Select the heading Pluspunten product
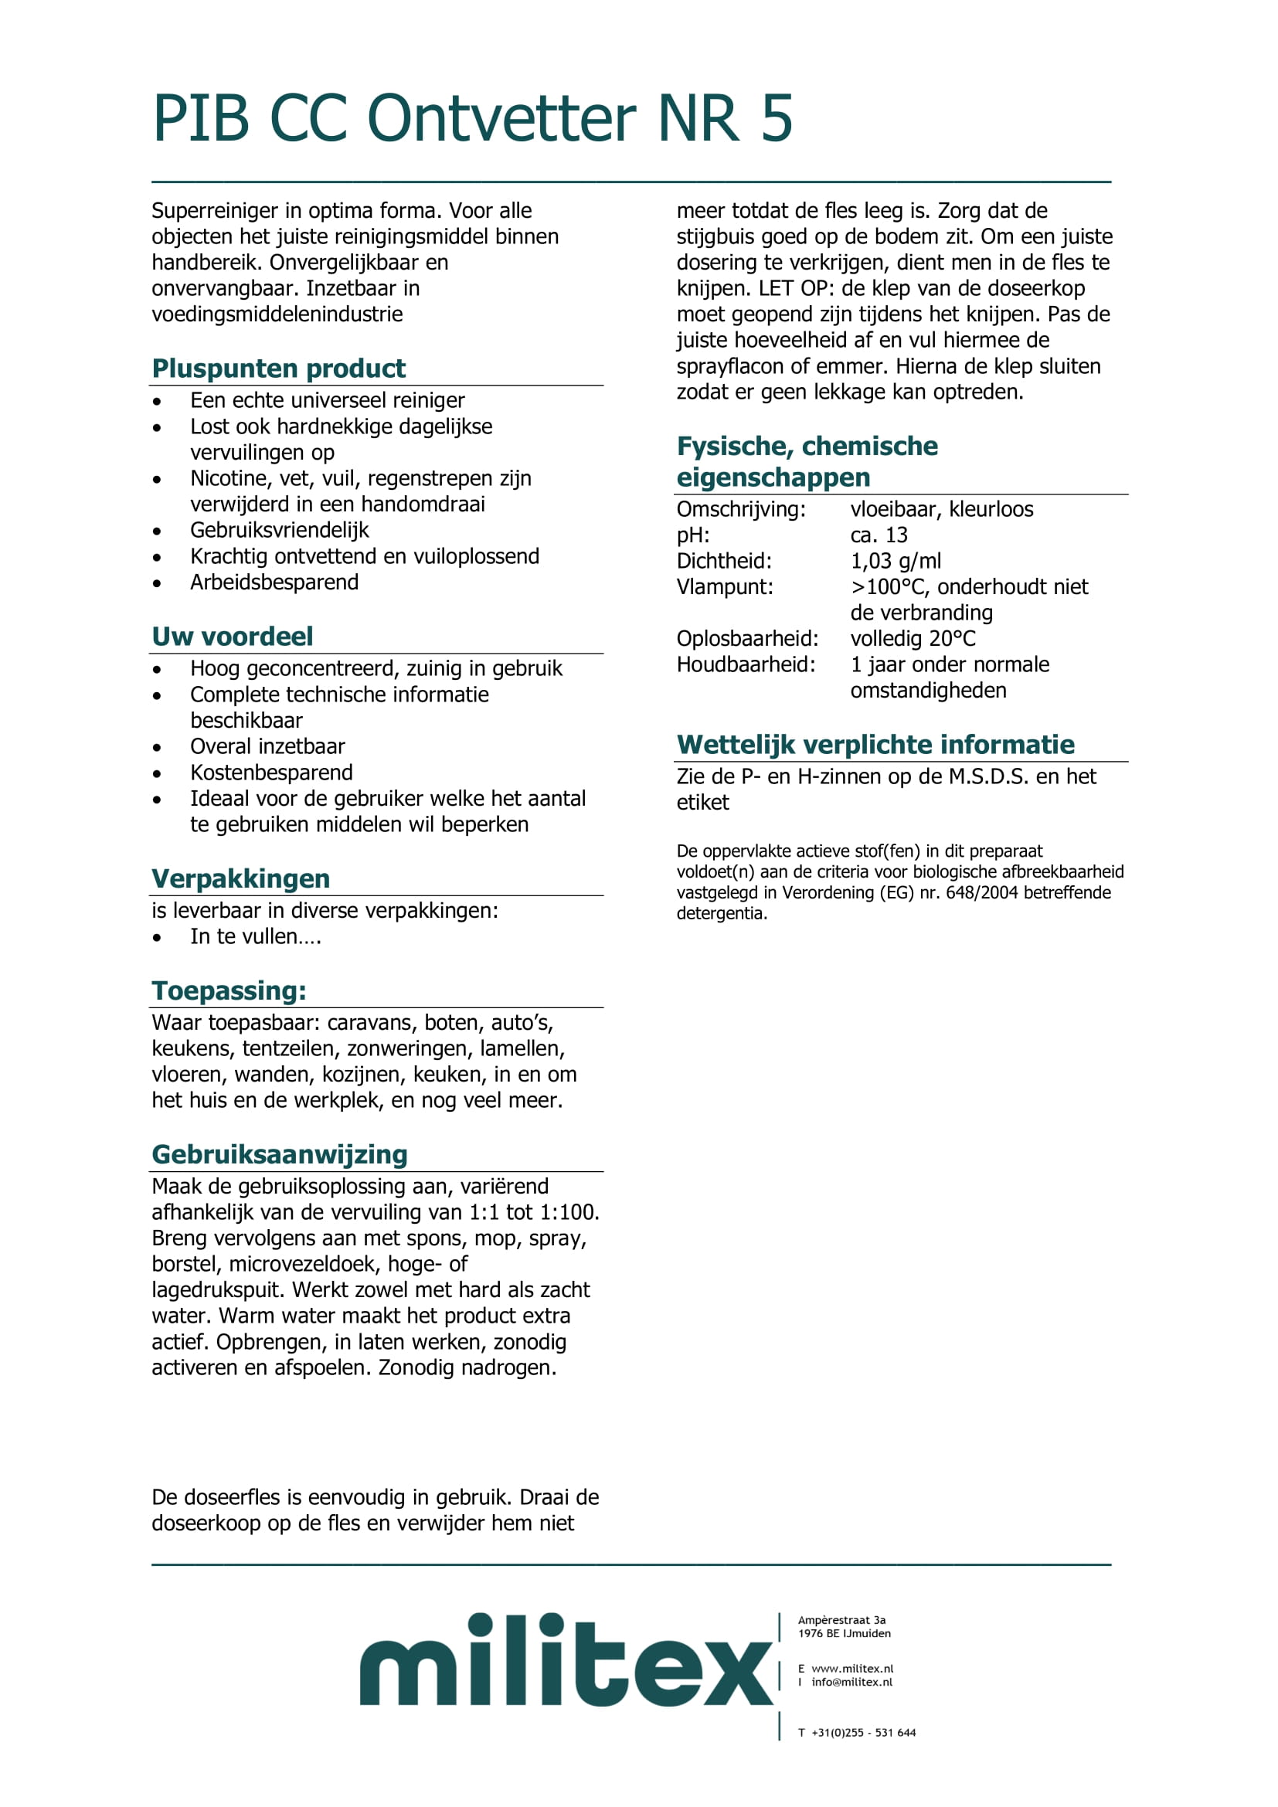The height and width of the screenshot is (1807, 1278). (279, 369)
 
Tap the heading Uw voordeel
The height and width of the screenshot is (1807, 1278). (232, 636)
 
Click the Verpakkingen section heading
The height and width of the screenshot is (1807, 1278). (240, 878)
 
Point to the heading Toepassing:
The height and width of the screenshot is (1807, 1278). (229, 990)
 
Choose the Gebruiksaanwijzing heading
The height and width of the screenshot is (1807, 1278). (280, 1153)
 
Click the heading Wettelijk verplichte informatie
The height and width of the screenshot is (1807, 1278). (875, 745)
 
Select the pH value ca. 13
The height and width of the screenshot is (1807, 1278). (879, 535)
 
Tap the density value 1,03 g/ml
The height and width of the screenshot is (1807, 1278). (896, 561)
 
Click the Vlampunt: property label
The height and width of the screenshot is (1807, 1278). (725, 587)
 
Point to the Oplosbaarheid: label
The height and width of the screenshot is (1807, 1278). (748, 638)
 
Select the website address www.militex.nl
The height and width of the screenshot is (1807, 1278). (852, 1669)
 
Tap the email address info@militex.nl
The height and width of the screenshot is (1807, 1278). (851, 1682)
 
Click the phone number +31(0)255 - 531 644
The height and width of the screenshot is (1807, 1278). (863, 1732)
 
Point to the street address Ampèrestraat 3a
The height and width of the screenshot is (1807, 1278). (841, 1620)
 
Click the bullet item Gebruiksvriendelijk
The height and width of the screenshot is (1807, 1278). (280, 531)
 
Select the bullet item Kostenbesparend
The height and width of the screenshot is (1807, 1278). (271, 773)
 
